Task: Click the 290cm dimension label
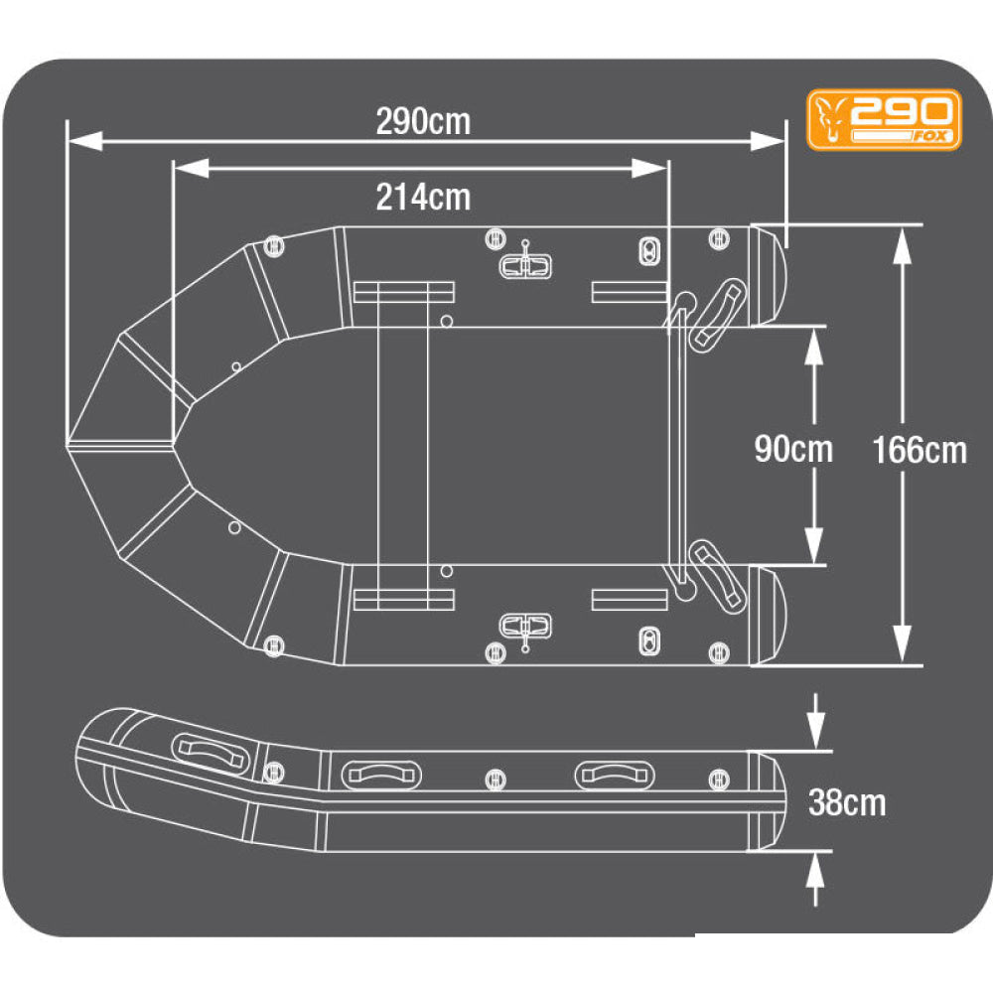(x=423, y=121)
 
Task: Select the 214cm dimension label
(x=423, y=197)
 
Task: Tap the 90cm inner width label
(x=793, y=449)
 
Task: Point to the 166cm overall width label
(x=920, y=450)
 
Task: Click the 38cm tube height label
(x=847, y=802)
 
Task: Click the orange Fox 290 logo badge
(x=884, y=120)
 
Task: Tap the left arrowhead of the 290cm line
(x=84, y=141)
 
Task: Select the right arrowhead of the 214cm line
(x=649, y=168)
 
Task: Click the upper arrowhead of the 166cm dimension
(x=902, y=244)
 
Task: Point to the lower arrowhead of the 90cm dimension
(x=814, y=545)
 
